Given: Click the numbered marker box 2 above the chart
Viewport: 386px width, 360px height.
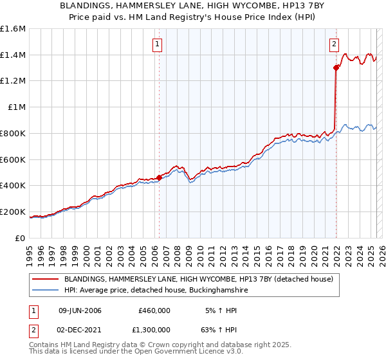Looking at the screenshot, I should pos(335,44).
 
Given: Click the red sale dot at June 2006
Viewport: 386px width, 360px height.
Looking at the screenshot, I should pos(159,177).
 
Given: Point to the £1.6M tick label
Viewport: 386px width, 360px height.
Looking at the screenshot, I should pos(13,29).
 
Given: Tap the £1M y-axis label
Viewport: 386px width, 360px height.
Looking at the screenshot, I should pos(16,107).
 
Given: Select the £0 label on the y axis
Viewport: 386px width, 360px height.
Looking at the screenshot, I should pos(21,238).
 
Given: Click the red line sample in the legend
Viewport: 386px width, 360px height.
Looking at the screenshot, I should pos(46,280).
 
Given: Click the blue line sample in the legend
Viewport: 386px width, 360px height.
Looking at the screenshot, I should pos(46,291).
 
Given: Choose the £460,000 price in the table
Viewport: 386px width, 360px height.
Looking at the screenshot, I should pos(154,310).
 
